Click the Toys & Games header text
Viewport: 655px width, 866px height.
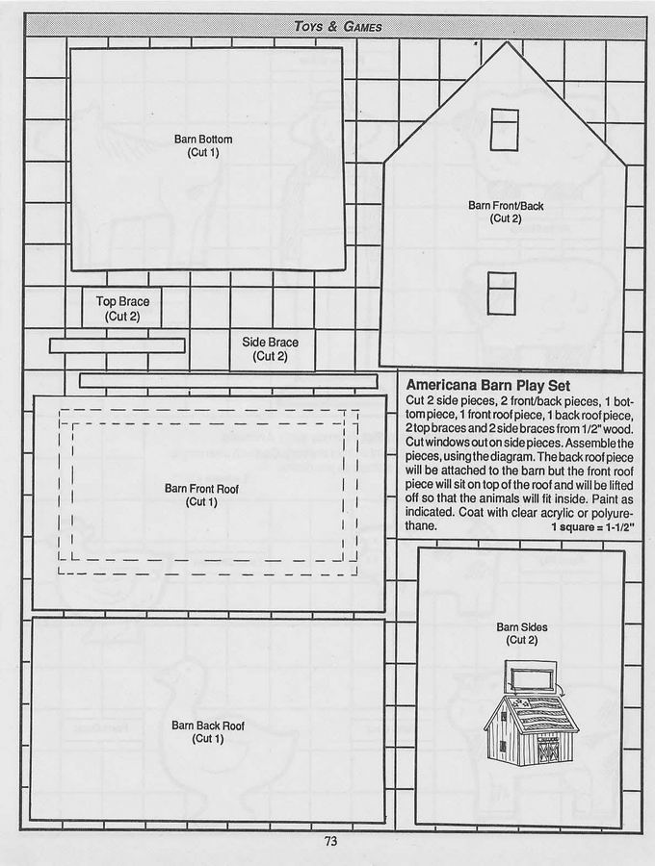click(x=338, y=27)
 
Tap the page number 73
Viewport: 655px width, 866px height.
click(x=330, y=841)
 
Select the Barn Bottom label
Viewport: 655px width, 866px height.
click(x=203, y=146)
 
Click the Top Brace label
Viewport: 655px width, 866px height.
click(x=122, y=309)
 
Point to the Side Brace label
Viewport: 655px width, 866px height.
click(x=270, y=349)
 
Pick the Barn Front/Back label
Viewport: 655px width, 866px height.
click(x=506, y=212)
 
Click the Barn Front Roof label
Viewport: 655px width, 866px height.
click(x=201, y=495)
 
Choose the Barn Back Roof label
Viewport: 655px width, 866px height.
click(x=208, y=732)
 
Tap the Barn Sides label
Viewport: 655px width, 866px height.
click(x=522, y=633)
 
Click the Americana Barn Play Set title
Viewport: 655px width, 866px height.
click(x=488, y=385)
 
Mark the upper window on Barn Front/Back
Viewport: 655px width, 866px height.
click(x=505, y=130)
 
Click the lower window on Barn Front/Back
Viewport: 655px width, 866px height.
click(x=502, y=293)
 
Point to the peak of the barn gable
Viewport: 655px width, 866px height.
click(x=506, y=42)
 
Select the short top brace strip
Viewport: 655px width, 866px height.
click(x=118, y=345)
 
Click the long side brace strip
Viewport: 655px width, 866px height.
click(x=229, y=381)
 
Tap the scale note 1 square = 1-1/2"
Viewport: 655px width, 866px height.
click(x=592, y=526)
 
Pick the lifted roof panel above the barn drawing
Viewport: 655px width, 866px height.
click(x=531, y=676)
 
